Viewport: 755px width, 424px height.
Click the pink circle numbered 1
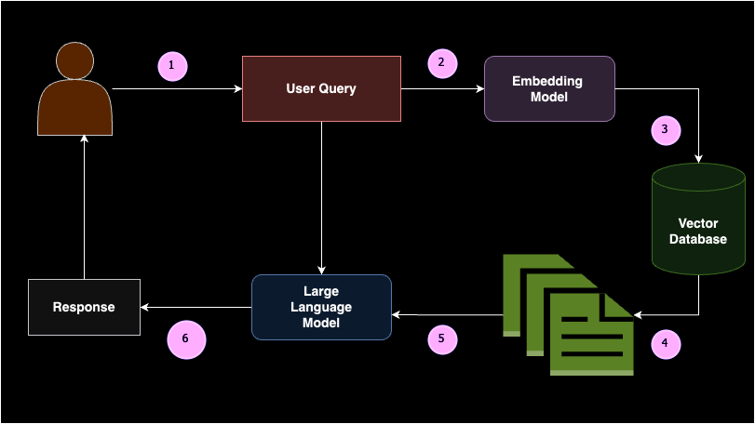tap(172, 66)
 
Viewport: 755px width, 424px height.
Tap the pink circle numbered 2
tap(442, 63)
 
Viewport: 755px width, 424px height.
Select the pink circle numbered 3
tap(666, 130)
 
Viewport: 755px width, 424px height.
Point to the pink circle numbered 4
tap(666, 344)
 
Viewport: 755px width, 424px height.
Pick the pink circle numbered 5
tap(442, 339)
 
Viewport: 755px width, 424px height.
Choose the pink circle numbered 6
tap(186, 339)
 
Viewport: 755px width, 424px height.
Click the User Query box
tap(322, 89)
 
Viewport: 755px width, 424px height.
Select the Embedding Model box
tap(549, 89)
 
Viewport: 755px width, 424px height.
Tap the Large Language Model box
tap(322, 307)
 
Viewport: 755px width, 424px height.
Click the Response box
tap(85, 307)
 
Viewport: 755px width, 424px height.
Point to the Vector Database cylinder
tap(698, 219)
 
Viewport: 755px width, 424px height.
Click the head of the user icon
tap(75, 60)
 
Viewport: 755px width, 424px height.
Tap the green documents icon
tap(568, 315)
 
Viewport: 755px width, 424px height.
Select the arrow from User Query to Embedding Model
tap(442, 89)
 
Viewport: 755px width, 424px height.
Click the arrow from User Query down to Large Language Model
tap(322, 198)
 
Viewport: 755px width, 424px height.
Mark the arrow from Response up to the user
tap(85, 207)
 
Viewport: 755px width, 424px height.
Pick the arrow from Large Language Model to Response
tap(196, 307)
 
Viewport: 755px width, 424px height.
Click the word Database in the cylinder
tap(698, 239)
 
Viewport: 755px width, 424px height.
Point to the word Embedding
tap(547, 81)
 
